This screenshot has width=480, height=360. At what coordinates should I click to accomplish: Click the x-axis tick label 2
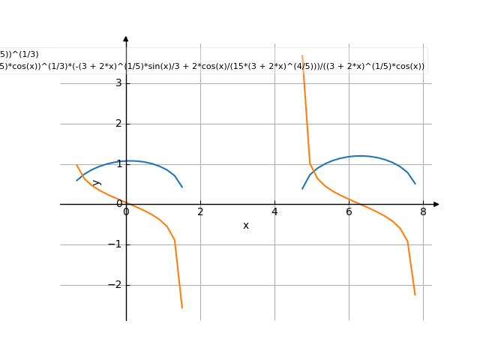200,211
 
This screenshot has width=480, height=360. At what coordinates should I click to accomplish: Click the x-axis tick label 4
274,211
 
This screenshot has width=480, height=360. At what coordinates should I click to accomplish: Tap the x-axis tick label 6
349,211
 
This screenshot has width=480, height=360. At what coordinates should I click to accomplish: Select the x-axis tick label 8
423,211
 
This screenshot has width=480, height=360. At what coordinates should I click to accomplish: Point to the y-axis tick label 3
118,82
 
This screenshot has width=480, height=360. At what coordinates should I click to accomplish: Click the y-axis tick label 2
118,123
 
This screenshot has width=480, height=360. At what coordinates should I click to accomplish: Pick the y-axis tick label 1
118,163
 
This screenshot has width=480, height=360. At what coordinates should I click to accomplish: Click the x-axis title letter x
245,225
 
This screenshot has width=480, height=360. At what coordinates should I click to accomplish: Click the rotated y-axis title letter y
97,182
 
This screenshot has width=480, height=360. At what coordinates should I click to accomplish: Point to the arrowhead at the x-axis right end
436,204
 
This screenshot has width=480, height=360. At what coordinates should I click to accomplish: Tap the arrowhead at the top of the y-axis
126,38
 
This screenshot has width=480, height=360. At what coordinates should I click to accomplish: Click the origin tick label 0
126,211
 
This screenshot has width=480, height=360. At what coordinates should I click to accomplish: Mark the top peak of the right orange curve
302,55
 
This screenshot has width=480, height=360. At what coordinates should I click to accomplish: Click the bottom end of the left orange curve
181,307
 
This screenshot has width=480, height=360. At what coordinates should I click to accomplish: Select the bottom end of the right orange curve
415,295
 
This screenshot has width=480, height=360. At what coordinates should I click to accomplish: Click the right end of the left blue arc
182,187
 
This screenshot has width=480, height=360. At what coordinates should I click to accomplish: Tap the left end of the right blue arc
302,189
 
